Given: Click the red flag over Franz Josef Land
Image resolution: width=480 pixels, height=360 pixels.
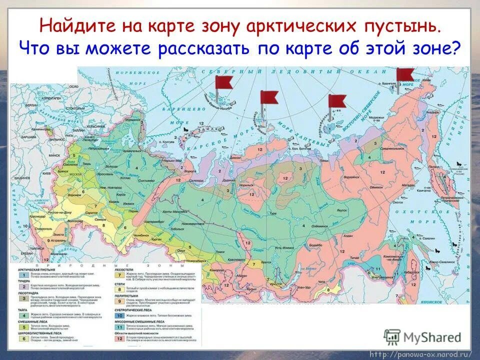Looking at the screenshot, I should [223, 82].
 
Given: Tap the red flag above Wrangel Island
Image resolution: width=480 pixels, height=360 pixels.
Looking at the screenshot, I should [405, 75].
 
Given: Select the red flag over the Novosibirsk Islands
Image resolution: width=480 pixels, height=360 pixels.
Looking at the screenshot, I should [336, 101].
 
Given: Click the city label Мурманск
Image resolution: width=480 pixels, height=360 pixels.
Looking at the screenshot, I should [132, 120].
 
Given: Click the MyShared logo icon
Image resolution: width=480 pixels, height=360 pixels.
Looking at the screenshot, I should [392, 336].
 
